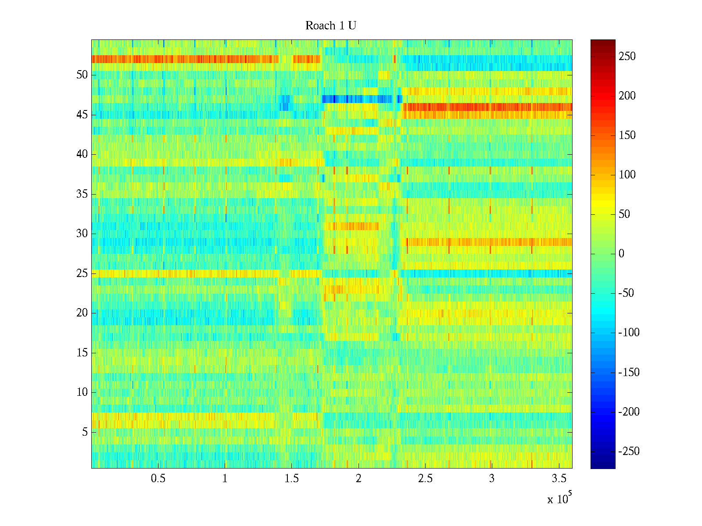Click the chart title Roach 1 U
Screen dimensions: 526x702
(x=330, y=26)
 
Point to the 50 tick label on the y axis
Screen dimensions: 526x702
(x=82, y=75)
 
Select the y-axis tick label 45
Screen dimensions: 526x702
(x=82, y=115)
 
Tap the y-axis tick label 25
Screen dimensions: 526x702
(x=82, y=274)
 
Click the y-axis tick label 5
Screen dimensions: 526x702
(x=85, y=432)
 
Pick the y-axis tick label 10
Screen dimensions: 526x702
(x=82, y=392)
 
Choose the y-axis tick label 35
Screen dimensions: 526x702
(x=82, y=194)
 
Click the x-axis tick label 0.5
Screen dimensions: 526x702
(x=158, y=479)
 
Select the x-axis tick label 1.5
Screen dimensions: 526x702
(x=292, y=479)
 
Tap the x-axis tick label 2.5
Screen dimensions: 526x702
(x=425, y=479)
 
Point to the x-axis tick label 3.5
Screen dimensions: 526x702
(x=559, y=479)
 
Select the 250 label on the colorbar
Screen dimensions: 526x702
(x=627, y=57)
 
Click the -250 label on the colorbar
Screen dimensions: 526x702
(x=629, y=451)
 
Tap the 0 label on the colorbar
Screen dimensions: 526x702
(x=621, y=254)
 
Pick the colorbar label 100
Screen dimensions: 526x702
(x=627, y=175)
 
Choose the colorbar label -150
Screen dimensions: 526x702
(x=629, y=373)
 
